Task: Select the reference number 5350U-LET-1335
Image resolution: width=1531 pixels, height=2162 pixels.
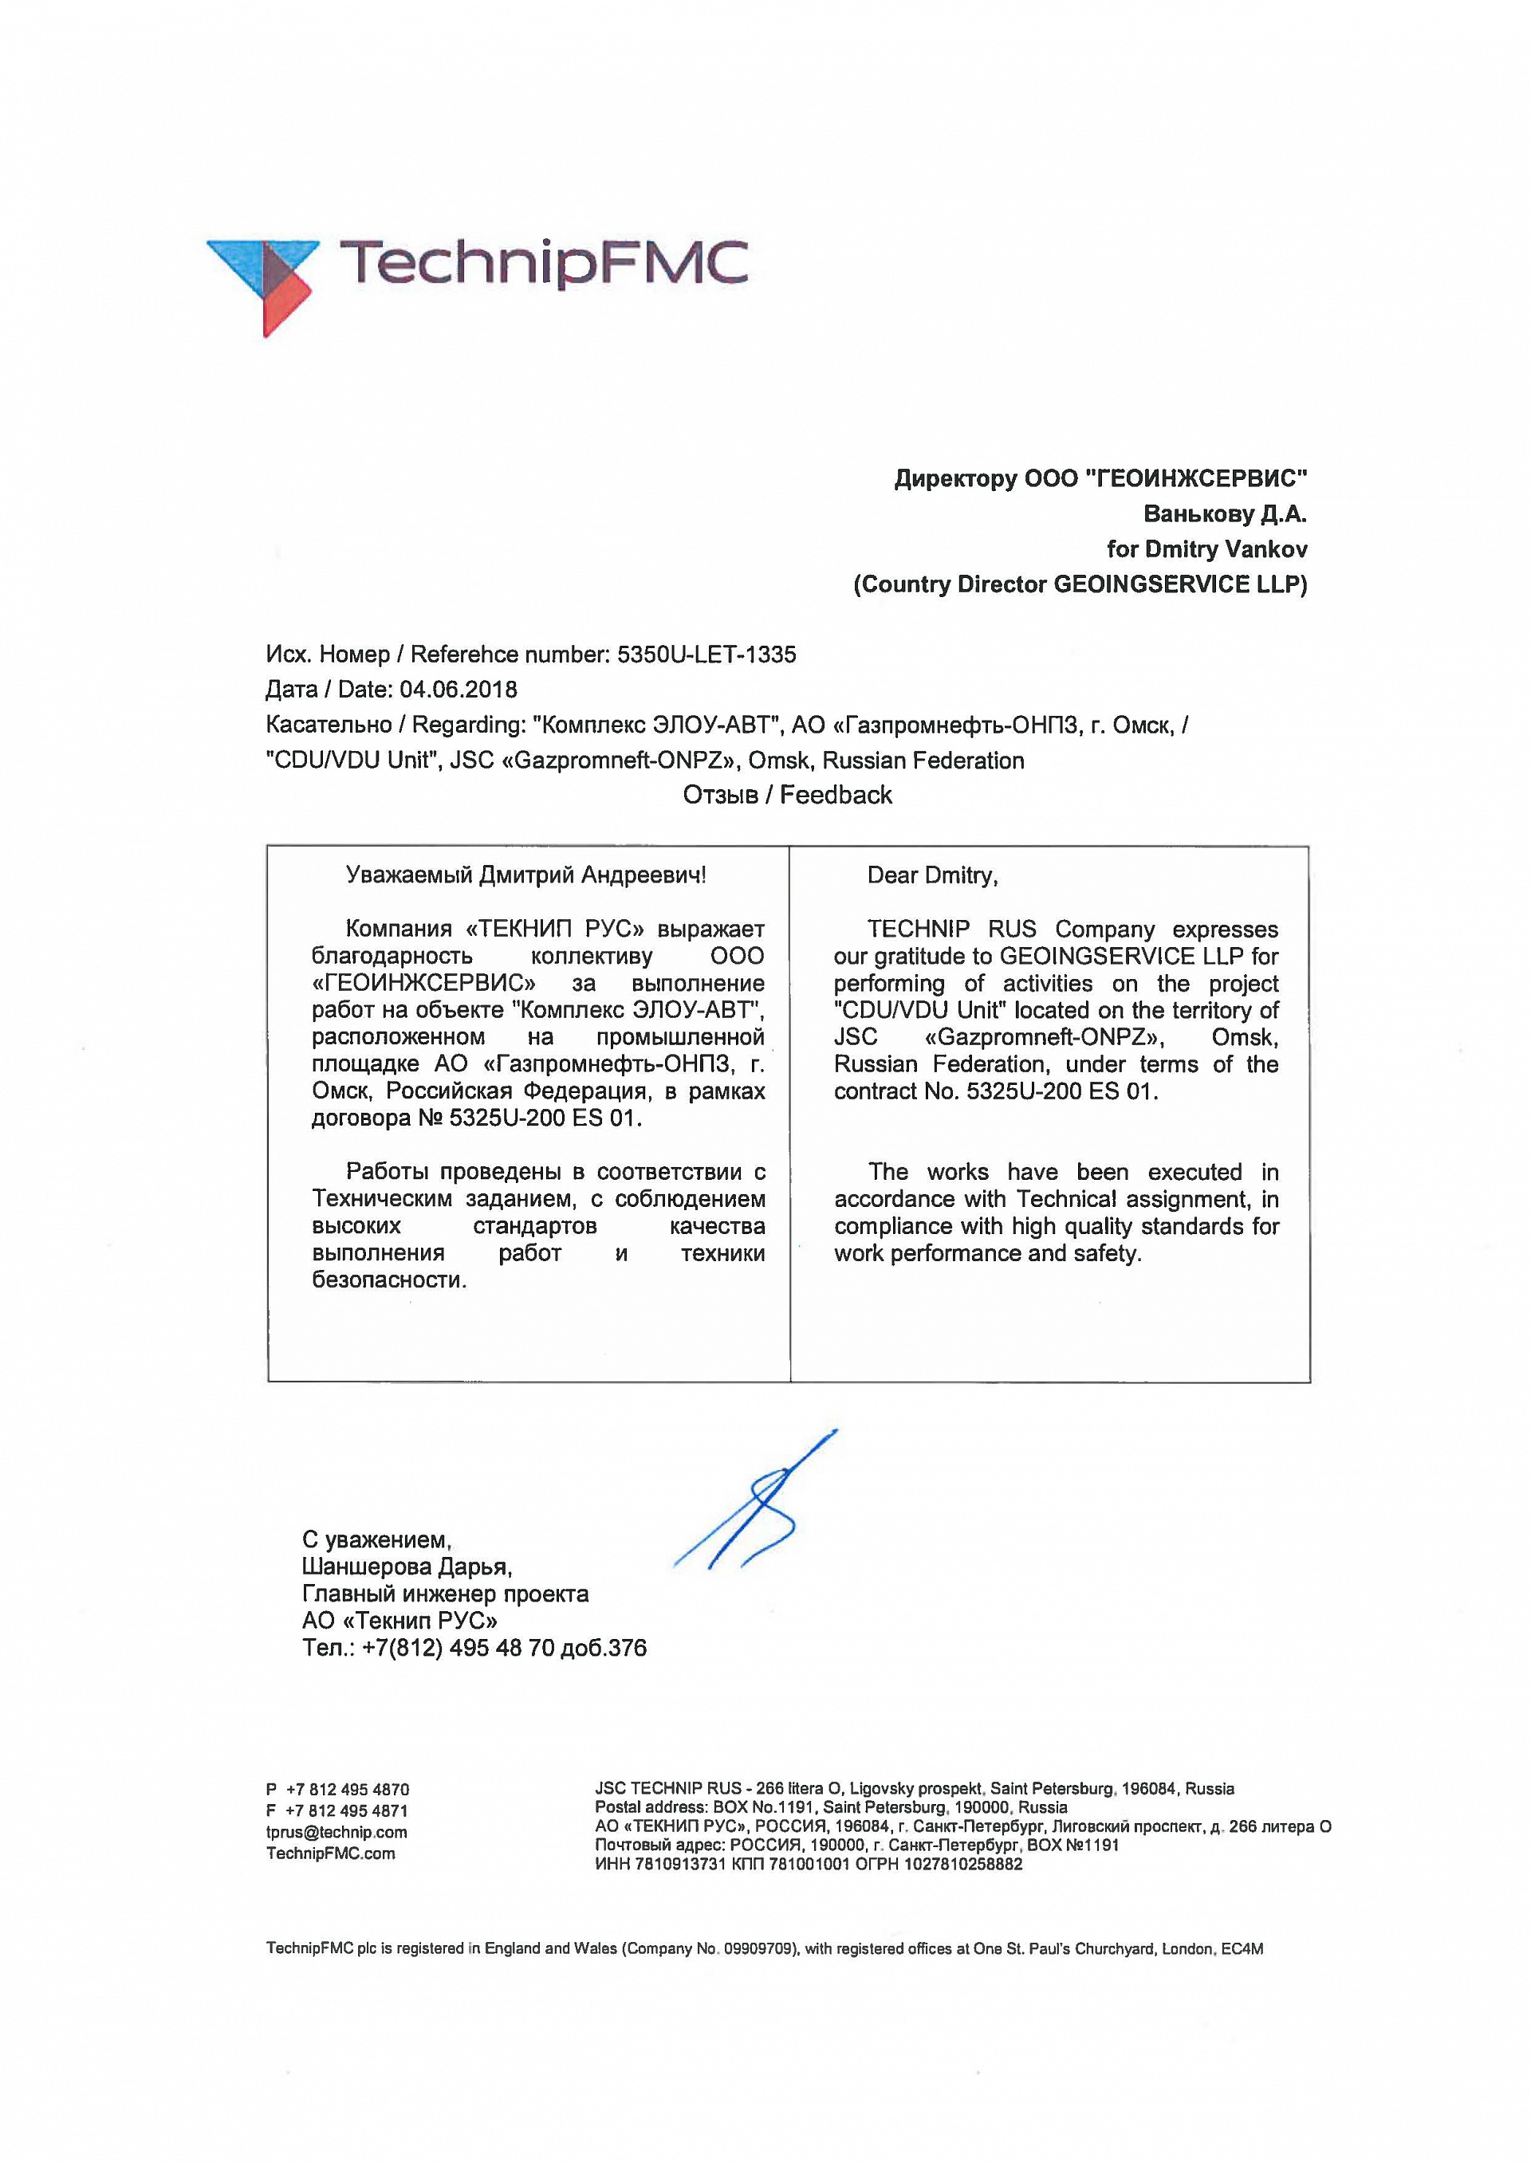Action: point(706,654)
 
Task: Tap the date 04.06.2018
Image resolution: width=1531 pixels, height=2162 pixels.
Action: point(459,689)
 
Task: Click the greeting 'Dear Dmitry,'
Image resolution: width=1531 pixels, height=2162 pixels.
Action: point(932,875)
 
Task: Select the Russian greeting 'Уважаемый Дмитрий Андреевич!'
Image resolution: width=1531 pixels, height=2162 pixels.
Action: point(526,875)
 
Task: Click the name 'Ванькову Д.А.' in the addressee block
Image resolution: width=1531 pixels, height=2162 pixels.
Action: point(1225,513)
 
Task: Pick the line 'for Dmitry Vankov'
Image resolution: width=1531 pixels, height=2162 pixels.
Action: point(1206,548)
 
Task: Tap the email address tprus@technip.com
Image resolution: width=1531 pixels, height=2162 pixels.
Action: point(337,1832)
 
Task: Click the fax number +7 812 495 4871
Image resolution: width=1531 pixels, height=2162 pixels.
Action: point(347,1810)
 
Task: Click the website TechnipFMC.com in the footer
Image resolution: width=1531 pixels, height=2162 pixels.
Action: point(331,1853)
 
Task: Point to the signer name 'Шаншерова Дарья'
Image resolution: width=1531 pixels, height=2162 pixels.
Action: point(407,1566)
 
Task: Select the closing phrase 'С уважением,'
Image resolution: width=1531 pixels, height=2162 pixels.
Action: point(377,1540)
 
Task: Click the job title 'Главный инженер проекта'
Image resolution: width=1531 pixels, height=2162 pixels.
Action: point(445,1594)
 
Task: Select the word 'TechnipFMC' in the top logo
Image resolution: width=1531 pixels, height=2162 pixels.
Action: point(543,262)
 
